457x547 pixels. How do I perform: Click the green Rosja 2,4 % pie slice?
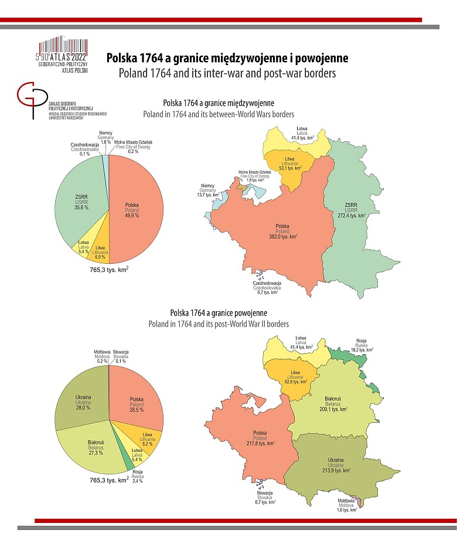click(x=129, y=464)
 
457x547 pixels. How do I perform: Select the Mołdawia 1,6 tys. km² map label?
click(x=346, y=505)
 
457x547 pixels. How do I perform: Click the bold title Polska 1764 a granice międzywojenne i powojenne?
click(x=227, y=58)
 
